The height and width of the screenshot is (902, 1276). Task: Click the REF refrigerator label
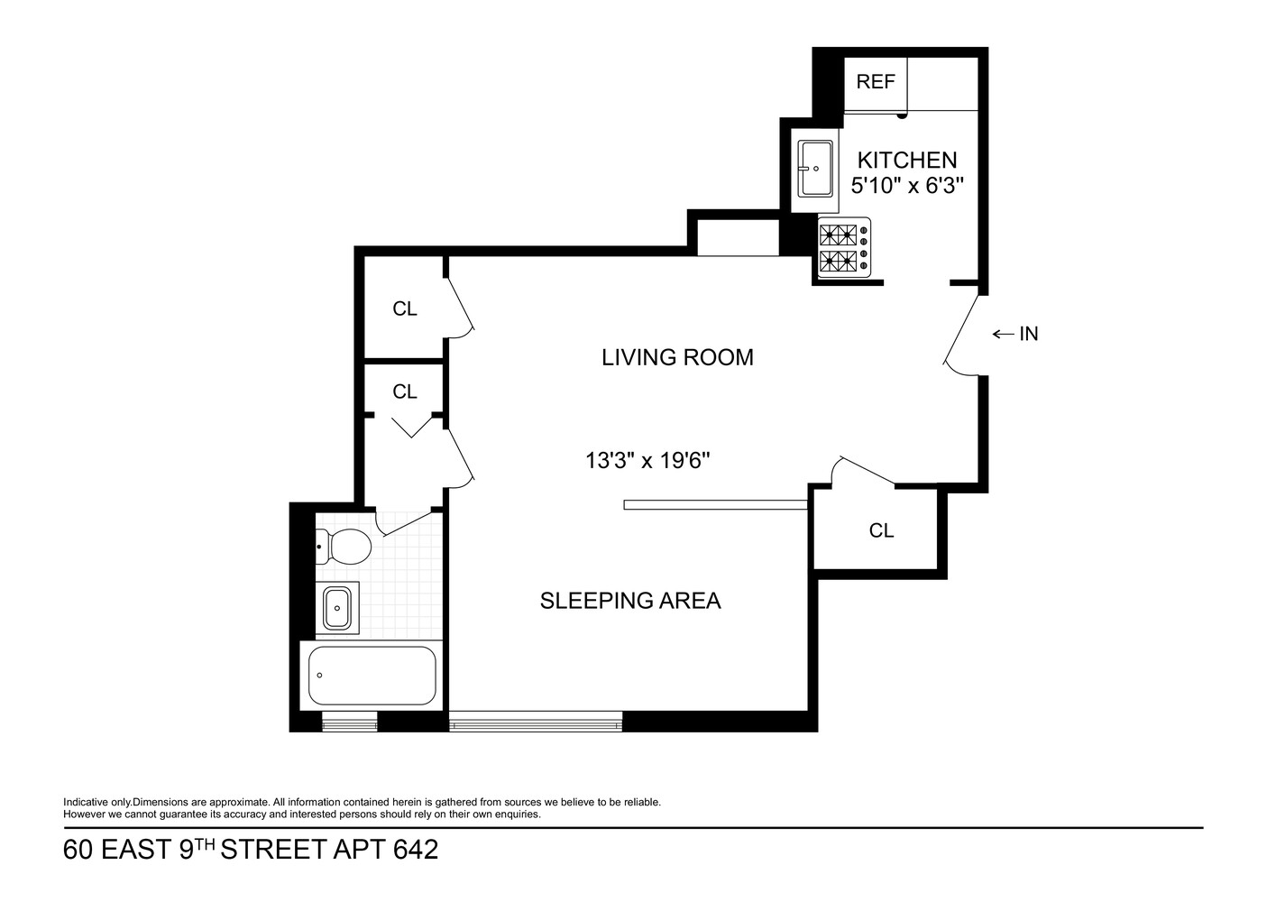click(x=875, y=82)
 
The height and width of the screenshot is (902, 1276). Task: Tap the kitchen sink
click(x=815, y=169)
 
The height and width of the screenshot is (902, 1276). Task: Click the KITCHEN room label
click(x=906, y=161)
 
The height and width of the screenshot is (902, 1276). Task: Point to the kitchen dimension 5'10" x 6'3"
click(x=907, y=186)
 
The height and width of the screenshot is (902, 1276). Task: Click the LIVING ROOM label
click(x=677, y=357)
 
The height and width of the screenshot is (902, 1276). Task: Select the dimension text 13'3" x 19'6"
click(x=647, y=461)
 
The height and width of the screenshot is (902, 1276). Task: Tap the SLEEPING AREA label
click(x=630, y=601)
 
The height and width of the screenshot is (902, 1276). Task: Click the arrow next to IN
click(x=1003, y=335)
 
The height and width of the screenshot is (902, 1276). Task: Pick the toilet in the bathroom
click(x=344, y=547)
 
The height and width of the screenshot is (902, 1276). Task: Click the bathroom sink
click(x=337, y=609)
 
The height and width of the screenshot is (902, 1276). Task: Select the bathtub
click(x=372, y=676)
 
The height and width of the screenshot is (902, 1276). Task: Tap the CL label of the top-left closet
click(x=405, y=309)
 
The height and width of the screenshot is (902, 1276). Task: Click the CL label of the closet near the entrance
click(x=881, y=530)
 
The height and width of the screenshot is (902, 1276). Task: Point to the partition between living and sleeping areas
click(x=714, y=505)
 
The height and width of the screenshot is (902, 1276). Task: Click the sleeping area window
click(x=536, y=722)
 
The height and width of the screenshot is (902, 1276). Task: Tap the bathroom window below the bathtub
click(x=350, y=722)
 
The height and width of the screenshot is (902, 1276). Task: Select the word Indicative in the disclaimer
click(x=83, y=802)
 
